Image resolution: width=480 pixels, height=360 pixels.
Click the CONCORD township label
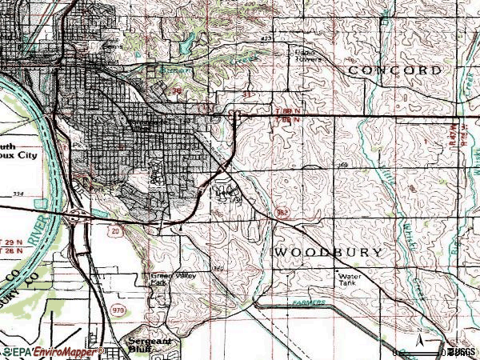coord(394,70)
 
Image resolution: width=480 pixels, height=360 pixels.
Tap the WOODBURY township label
coord(329,252)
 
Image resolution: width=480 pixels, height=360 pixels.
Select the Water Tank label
coord(347,279)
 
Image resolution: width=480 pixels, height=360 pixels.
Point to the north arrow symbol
coord(418,336)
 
